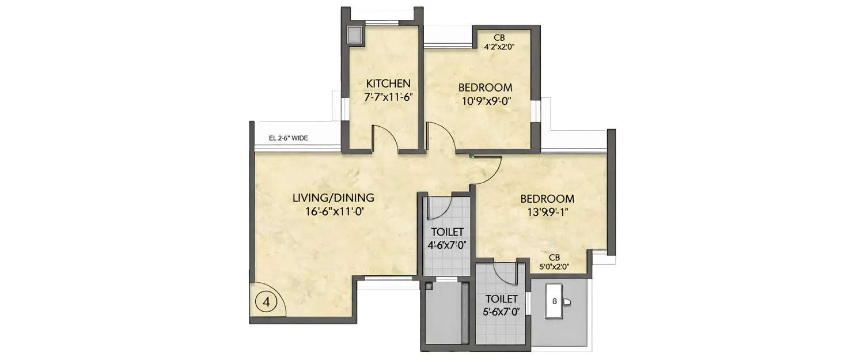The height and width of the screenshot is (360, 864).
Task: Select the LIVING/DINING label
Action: coord(334,198)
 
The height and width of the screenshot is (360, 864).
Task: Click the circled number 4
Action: coord(266,301)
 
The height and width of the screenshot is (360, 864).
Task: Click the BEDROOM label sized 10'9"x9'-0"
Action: coord(485,88)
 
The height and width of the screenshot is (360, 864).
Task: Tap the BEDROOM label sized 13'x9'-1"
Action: coord(547,199)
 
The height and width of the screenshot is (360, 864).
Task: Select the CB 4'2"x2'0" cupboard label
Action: coord(499,39)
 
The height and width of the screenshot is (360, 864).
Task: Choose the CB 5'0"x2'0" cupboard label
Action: coord(554,257)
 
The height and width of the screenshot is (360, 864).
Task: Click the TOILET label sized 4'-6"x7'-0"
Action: coord(447,232)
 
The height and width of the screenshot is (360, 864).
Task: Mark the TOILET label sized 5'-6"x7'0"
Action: coord(501,299)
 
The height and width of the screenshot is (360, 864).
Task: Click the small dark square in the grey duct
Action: coord(429,286)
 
